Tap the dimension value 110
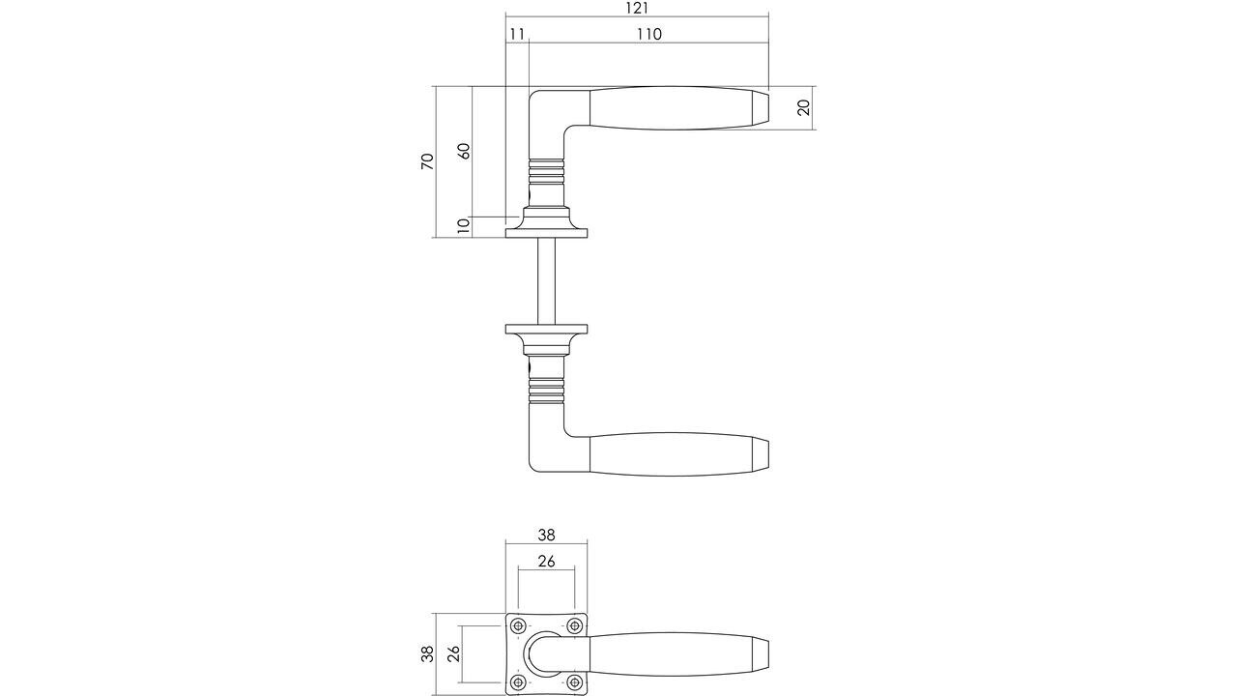[x=648, y=34]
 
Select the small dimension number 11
[x=517, y=34]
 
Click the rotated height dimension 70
[x=427, y=161]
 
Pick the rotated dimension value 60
[x=463, y=152]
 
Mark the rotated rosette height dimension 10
[x=463, y=226]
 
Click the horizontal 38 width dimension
[x=546, y=535]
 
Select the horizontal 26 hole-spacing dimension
[x=546, y=561]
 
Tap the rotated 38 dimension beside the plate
[x=427, y=654]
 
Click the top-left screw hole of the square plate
[x=519, y=625]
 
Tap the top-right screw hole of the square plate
[x=574, y=625]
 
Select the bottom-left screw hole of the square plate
[x=519, y=682]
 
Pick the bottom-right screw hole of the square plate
[x=574, y=682]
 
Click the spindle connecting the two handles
[x=547, y=280]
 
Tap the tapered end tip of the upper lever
[x=761, y=107]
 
